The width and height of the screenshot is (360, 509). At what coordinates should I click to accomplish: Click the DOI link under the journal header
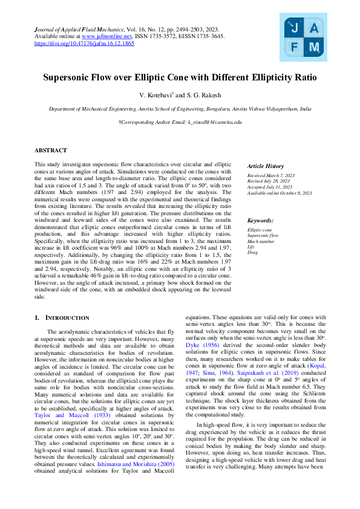pos(84,44)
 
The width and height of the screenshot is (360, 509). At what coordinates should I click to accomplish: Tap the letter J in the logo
pos(295,27)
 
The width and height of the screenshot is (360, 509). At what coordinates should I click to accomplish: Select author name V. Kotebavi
pos(157,96)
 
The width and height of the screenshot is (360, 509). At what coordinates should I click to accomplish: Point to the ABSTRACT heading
pos(51,150)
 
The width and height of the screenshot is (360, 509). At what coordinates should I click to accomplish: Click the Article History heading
pos(266,166)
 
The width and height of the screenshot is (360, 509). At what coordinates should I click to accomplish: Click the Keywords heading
pos(260,221)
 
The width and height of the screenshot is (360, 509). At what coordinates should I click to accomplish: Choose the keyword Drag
pos(252,253)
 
